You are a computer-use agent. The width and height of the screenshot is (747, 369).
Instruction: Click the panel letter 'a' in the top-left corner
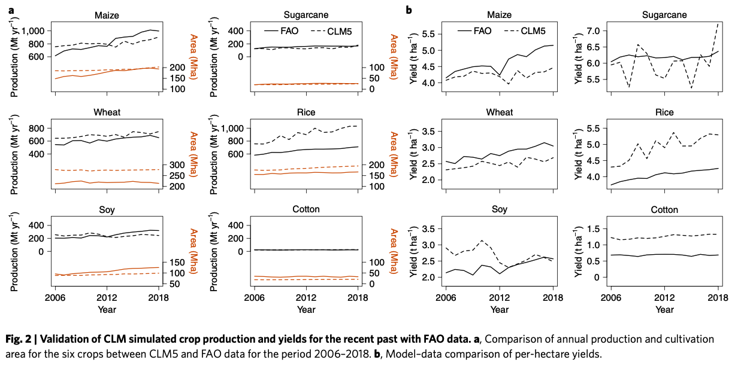10,9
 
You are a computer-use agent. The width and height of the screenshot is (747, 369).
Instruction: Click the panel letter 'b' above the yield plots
409,9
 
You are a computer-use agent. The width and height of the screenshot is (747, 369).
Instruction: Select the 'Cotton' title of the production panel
306,209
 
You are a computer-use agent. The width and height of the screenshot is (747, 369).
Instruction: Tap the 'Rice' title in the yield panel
664,112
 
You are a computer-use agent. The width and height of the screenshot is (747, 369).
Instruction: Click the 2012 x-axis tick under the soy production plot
106,297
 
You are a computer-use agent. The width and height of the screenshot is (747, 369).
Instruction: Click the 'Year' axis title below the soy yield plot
500,310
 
